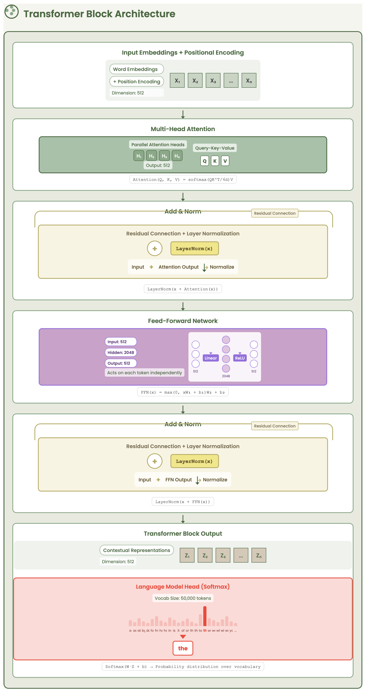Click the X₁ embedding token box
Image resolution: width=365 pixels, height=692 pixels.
(x=177, y=80)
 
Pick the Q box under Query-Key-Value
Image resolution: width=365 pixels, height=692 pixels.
(x=205, y=161)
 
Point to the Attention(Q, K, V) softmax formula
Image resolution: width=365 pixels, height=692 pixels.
(x=183, y=180)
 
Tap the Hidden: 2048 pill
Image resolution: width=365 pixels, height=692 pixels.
(x=121, y=352)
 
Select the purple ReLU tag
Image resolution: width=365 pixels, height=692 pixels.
(x=240, y=358)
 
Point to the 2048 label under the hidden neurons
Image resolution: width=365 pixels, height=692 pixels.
(x=226, y=376)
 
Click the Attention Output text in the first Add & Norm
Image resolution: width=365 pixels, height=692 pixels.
(x=178, y=267)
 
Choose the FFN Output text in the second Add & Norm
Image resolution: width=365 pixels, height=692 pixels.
(x=178, y=480)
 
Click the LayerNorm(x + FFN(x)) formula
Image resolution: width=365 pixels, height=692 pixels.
(x=183, y=502)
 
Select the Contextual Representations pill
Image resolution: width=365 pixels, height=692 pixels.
(x=137, y=550)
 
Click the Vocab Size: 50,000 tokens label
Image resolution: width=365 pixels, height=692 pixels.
(x=183, y=598)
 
